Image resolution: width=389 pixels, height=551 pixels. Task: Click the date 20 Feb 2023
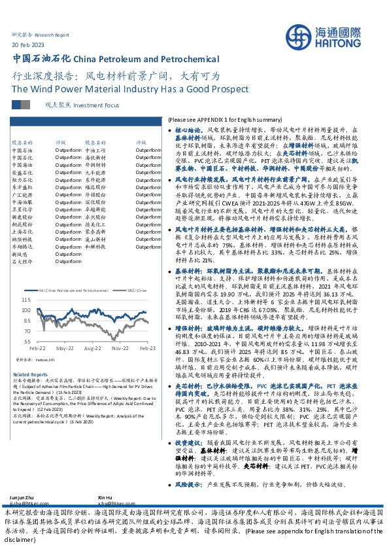tap(28, 44)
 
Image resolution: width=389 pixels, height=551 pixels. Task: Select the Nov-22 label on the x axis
tap(119, 349)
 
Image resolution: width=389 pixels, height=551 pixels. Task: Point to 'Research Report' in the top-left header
tap(52, 34)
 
